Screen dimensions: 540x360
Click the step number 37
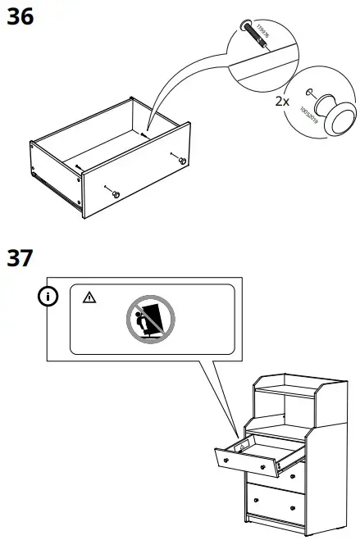(21, 257)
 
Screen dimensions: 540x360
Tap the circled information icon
(51, 296)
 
